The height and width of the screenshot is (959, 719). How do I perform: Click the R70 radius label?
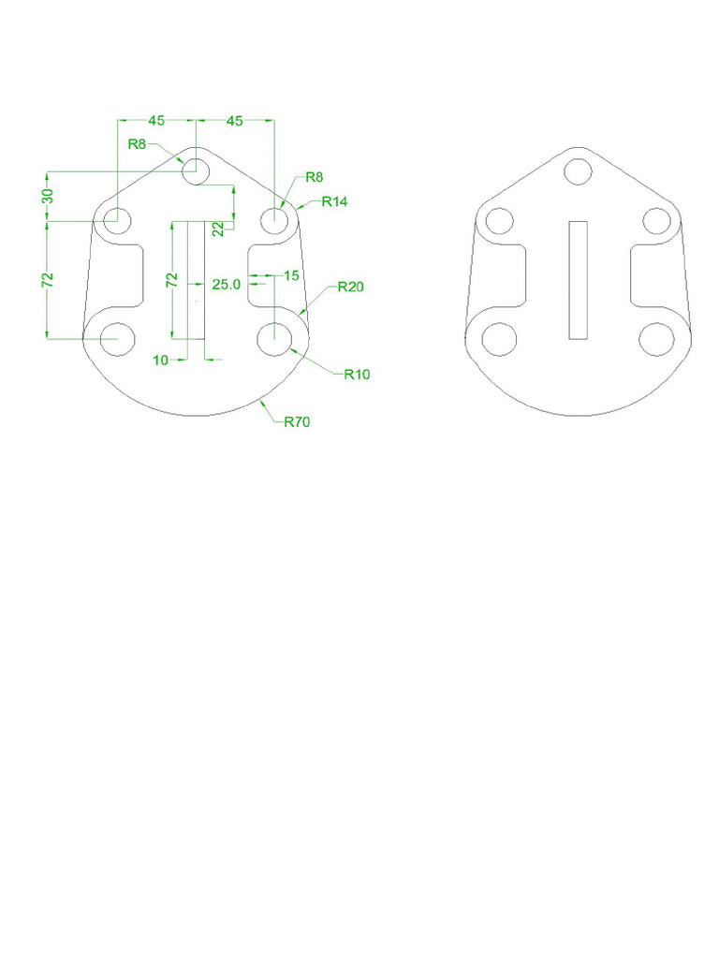pyautogui.click(x=297, y=421)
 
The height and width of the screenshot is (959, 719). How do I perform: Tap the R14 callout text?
pyautogui.click(x=334, y=201)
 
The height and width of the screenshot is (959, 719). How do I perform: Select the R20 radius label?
pyautogui.click(x=351, y=287)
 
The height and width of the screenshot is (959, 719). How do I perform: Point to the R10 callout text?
pyautogui.click(x=357, y=375)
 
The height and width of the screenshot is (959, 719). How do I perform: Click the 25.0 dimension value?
pyautogui.click(x=227, y=285)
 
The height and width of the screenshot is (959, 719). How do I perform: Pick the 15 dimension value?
pyautogui.click(x=292, y=276)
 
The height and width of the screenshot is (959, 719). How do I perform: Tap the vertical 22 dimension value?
pyautogui.click(x=219, y=229)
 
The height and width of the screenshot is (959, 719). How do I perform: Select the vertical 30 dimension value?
pyautogui.click(x=49, y=196)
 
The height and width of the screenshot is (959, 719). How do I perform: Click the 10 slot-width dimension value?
pyautogui.click(x=160, y=361)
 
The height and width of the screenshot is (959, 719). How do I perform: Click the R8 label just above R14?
pyautogui.click(x=315, y=177)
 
